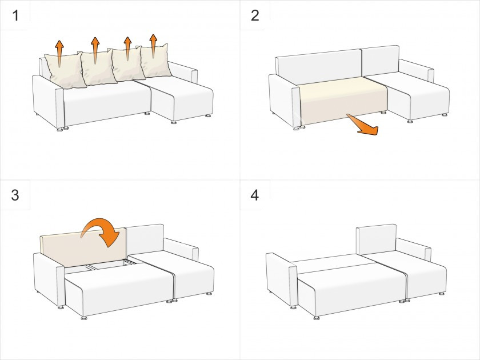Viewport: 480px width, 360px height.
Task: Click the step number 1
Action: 15,15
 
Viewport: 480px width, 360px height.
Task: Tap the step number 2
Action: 255,15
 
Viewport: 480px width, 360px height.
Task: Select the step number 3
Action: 15,195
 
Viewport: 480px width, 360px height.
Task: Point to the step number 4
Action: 255,195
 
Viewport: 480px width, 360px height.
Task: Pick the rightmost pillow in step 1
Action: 155,61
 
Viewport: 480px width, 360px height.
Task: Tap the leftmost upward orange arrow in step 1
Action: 59,53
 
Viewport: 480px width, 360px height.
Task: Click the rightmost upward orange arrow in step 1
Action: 153,46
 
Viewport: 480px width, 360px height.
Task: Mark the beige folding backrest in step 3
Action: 83,247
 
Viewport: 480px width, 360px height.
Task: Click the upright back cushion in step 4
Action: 376,239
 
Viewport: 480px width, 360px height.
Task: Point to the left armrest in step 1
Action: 48,101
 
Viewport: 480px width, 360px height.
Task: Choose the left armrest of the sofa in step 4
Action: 281,279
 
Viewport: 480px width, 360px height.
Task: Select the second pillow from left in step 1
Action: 98,68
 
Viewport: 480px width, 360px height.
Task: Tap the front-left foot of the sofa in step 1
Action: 60,129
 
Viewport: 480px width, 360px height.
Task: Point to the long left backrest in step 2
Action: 319,66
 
